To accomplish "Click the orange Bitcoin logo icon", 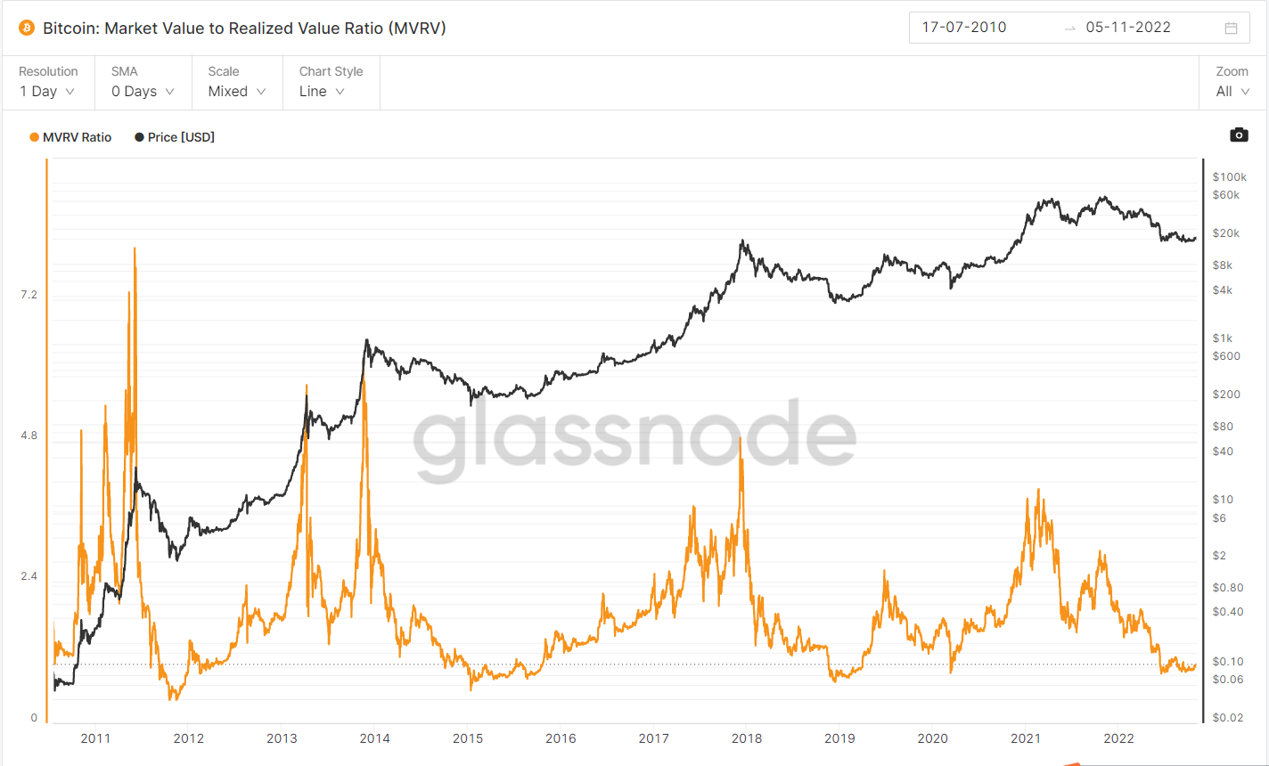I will (26, 28).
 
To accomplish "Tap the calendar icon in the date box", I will (1231, 28).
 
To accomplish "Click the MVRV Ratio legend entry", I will (71, 137).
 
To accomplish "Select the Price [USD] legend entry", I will (176, 137).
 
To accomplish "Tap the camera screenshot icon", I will (1239, 134).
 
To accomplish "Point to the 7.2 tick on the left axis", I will (29, 295).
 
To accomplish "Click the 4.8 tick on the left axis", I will (29, 436).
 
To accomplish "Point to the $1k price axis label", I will (1222, 338).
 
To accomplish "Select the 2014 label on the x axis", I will (374, 738).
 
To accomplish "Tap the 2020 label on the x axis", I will (932, 738).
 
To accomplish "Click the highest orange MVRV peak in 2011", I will (135, 249).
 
